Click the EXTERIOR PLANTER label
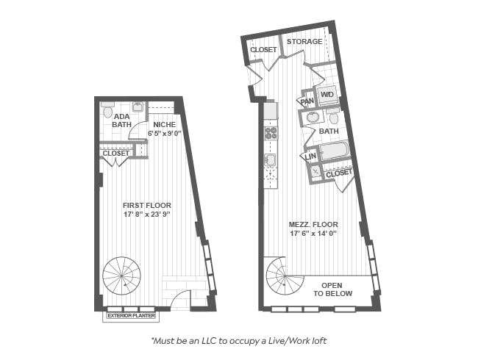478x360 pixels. pyautogui.click(x=131, y=316)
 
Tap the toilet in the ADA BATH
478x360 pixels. pyautogui.click(x=107, y=110)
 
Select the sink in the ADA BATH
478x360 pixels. pyautogui.click(x=138, y=107)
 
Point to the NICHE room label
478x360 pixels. pyautogui.click(x=165, y=125)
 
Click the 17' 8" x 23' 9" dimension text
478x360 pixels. pyautogui.click(x=146, y=215)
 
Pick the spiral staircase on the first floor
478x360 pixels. pyautogui.click(x=121, y=276)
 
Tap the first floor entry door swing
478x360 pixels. pyautogui.click(x=180, y=300)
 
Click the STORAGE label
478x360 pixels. pyautogui.click(x=304, y=41)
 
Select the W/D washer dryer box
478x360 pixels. pyautogui.click(x=327, y=95)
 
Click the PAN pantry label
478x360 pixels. pyautogui.click(x=307, y=101)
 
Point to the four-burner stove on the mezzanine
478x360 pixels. pyautogui.click(x=271, y=133)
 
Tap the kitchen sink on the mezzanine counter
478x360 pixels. pyautogui.click(x=270, y=160)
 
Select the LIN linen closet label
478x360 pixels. pyautogui.click(x=310, y=156)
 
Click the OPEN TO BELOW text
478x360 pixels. pyautogui.click(x=332, y=289)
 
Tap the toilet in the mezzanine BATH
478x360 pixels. pyautogui.click(x=334, y=116)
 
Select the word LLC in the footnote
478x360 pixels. pyautogui.click(x=209, y=341)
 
